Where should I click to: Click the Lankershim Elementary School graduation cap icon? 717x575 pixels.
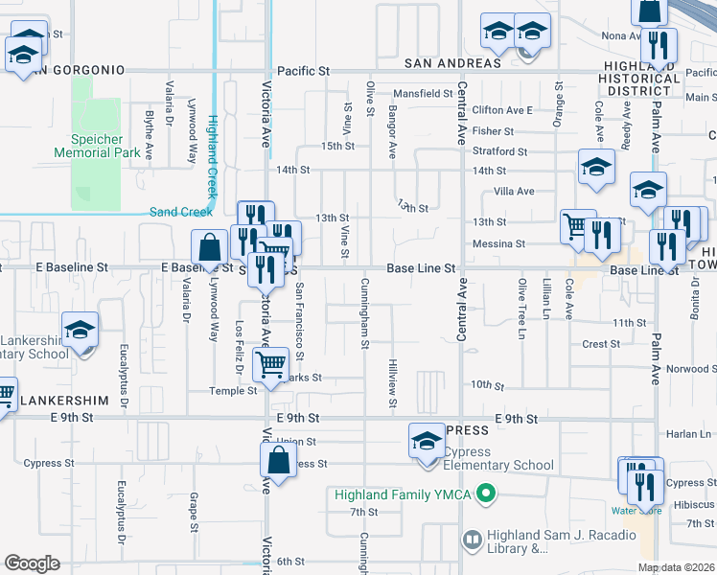point(81,332)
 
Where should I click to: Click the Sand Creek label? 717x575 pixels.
point(181,212)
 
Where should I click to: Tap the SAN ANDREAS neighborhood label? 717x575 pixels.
point(452,63)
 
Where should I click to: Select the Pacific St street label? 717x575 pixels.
point(303,71)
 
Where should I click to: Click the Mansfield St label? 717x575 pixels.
point(422,94)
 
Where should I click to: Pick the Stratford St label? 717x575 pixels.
point(499,151)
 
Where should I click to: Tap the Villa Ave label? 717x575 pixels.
point(513,192)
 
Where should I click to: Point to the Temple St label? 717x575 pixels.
point(234,391)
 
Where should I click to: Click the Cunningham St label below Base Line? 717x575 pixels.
point(364,314)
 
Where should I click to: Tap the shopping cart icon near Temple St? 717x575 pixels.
point(271,364)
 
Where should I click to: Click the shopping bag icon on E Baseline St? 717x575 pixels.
point(209,248)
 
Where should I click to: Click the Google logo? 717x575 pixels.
point(32,563)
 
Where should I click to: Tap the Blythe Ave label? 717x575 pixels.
point(149,134)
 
